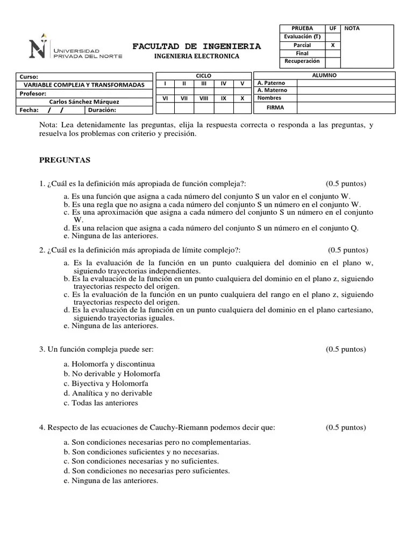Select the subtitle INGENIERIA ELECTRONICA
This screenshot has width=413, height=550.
[x=197, y=56]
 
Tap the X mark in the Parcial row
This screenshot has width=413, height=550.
[x=332, y=45]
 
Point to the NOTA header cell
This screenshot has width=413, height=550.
[x=352, y=28]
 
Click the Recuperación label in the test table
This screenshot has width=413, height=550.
[x=302, y=61]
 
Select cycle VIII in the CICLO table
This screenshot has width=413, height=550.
[x=204, y=98]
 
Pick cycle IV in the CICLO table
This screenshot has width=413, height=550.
[x=223, y=84]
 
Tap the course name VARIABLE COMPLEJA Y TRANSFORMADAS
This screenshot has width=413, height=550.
[x=84, y=85]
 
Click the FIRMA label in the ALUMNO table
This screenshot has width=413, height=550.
[x=275, y=107]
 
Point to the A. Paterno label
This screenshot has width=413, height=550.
[x=272, y=83]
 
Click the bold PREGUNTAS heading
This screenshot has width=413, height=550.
[x=65, y=160]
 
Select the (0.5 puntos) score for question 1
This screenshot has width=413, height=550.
[x=346, y=184]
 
